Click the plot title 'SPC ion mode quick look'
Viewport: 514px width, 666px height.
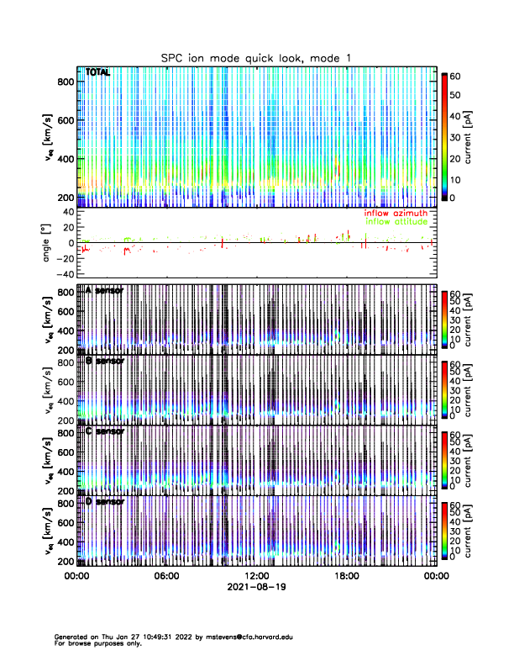point(256,57)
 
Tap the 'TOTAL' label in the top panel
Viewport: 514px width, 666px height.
point(97,73)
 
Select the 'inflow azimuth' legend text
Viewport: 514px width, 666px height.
point(396,213)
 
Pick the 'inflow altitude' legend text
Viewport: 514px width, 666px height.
point(396,221)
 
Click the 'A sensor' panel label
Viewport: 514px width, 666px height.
point(104,290)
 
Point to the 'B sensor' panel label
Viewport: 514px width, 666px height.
point(104,361)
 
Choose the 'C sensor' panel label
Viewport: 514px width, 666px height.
point(104,431)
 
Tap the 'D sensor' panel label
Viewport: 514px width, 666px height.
point(104,502)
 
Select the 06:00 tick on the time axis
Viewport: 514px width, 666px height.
point(166,576)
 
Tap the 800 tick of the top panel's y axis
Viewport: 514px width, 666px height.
point(65,81)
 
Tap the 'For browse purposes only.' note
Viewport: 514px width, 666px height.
point(97,643)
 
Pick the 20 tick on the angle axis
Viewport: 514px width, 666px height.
point(66,227)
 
